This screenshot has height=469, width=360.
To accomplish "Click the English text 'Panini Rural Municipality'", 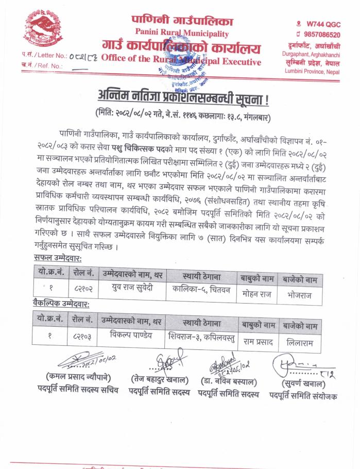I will coord(183,33).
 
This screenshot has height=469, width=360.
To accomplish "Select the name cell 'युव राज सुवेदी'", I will coord(132,288).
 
